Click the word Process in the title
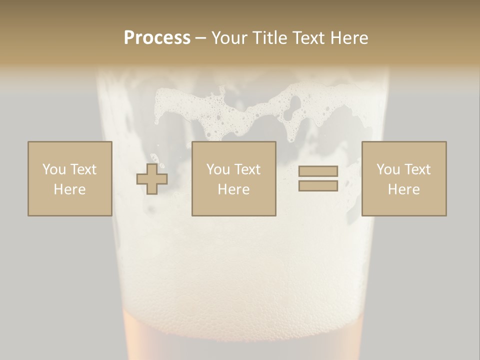pyautogui.click(x=157, y=37)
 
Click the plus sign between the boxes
pyautogui.click(x=152, y=179)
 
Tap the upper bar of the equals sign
pyautogui.click(x=318, y=171)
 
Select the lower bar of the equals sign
pyautogui.click(x=318, y=185)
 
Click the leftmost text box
pyautogui.click(x=69, y=178)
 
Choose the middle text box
pyautogui.click(x=233, y=178)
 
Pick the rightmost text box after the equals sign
pyautogui.click(x=403, y=178)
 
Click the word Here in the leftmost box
pyautogui.click(x=69, y=189)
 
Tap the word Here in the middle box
pyautogui.click(x=233, y=189)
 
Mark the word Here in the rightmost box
pyautogui.click(x=403, y=189)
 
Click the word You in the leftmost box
pyautogui.click(x=54, y=169)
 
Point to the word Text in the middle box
pyautogui.click(x=247, y=169)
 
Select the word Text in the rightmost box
pyautogui.click(x=417, y=169)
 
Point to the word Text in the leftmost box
pyautogui.click(x=83, y=169)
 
